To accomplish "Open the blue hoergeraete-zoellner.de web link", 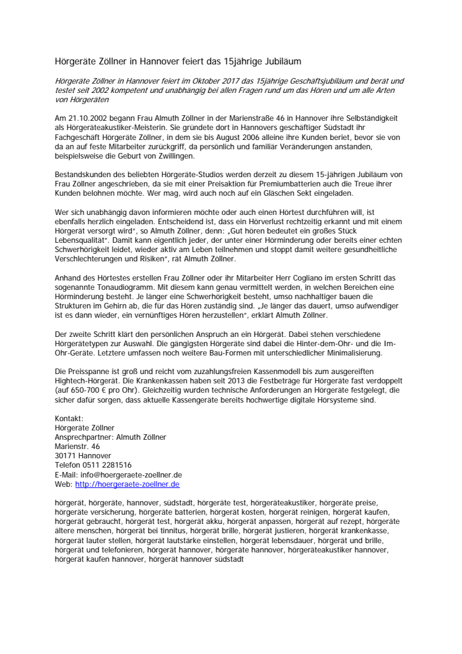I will pos(128,484).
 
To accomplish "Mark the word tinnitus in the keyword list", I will pos(170,531).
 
